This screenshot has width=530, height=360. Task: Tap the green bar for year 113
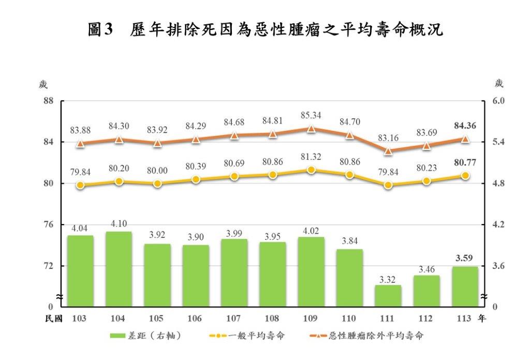pos(465,286)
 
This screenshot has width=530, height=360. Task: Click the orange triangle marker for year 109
pos(311,129)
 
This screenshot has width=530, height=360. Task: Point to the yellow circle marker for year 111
pos(388,185)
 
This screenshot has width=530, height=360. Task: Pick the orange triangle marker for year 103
pos(80,144)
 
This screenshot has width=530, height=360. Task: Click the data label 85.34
pos(311,114)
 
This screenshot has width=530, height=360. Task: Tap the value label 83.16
pos(388,138)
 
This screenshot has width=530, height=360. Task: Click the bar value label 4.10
pos(119,224)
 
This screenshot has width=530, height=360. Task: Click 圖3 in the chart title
pos(100,30)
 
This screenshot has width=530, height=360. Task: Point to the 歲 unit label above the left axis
pos(43,84)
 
